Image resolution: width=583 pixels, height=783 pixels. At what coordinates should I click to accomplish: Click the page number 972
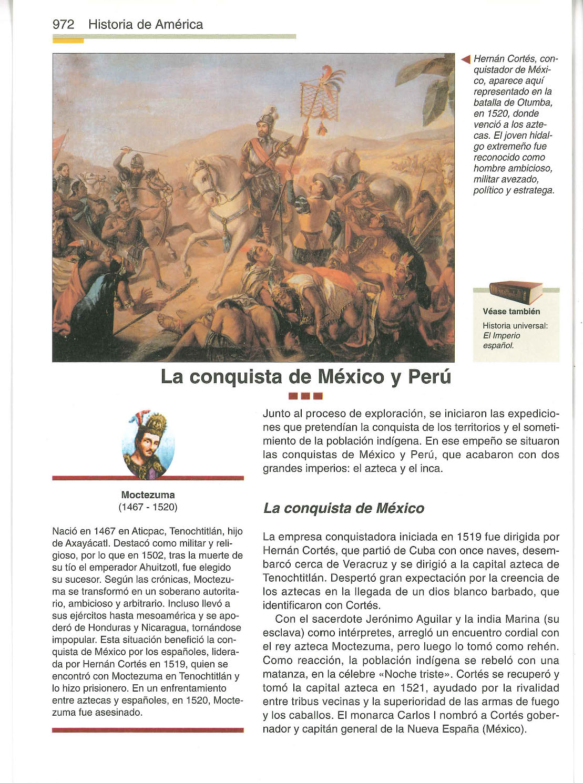tap(63, 25)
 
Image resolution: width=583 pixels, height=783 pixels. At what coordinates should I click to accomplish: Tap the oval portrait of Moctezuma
tap(148, 444)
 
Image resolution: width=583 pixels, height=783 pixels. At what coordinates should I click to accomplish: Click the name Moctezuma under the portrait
tap(148, 494)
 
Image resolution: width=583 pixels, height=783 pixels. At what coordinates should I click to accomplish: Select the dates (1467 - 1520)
tap(148, 507)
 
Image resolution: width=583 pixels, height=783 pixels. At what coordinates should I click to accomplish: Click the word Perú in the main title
tap(427, 377)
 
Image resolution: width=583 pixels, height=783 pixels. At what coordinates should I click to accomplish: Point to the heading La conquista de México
tap(343, 509)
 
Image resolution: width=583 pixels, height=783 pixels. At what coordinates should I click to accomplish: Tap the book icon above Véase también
tap(515, 291)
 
